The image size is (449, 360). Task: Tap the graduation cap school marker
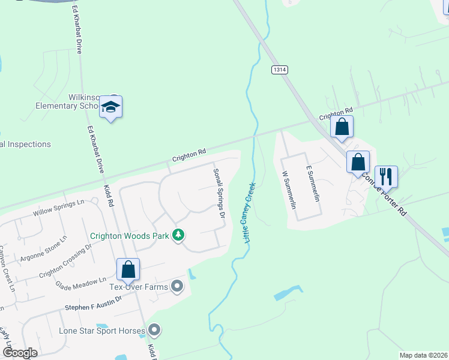click(110, 107)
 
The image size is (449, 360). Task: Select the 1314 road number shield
click(279, 70)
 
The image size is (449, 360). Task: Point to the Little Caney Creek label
click(249, 212)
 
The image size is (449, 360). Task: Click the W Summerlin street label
click(289, 190)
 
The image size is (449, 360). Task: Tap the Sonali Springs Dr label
click(219, 193)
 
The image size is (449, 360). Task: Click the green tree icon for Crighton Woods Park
click(178, 235)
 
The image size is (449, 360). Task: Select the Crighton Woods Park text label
click(130, 235)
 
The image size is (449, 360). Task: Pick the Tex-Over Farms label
click(139, 286)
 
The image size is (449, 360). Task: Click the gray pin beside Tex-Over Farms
click(176, 286)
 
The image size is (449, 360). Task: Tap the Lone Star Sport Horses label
click(102, 331)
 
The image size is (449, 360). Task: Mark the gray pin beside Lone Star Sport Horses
click(155, 330)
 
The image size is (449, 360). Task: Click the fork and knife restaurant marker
click(386, 176)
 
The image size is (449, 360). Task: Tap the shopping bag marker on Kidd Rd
click(128, 269)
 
